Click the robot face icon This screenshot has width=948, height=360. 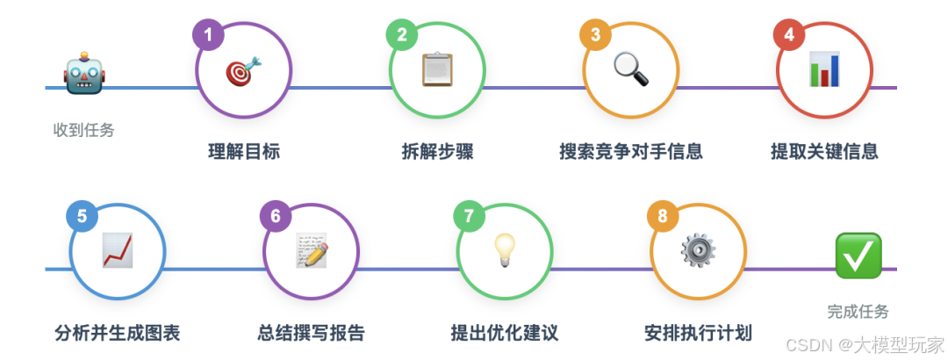click(84, 76)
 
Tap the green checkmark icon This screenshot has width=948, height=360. click(858, 256)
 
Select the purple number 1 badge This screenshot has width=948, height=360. click(208, 35)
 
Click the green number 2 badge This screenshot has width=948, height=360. click(402, 35)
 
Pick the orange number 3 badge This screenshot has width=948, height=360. click(595, 35)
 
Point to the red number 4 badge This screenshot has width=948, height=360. click(789, 35)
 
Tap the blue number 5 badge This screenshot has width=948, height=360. click(82, 217)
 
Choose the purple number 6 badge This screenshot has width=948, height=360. click(276, 217)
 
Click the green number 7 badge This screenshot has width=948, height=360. click(469, 217)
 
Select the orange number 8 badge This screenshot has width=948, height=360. click(663, 217)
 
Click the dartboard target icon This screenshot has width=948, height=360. click(243, 70)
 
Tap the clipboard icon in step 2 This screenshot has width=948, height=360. click(437, 70)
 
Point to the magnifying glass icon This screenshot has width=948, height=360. click(630, 69)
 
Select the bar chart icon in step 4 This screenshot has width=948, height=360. click(824, 69)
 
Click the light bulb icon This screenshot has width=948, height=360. click(504, 251)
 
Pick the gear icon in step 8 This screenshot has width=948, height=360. click(698, 251)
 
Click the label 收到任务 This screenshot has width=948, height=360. click(84, 130)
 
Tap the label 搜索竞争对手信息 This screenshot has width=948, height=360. click(630, 151)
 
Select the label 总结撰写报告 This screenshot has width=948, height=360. click(311, 333)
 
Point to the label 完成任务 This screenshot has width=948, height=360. click(858, 312)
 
